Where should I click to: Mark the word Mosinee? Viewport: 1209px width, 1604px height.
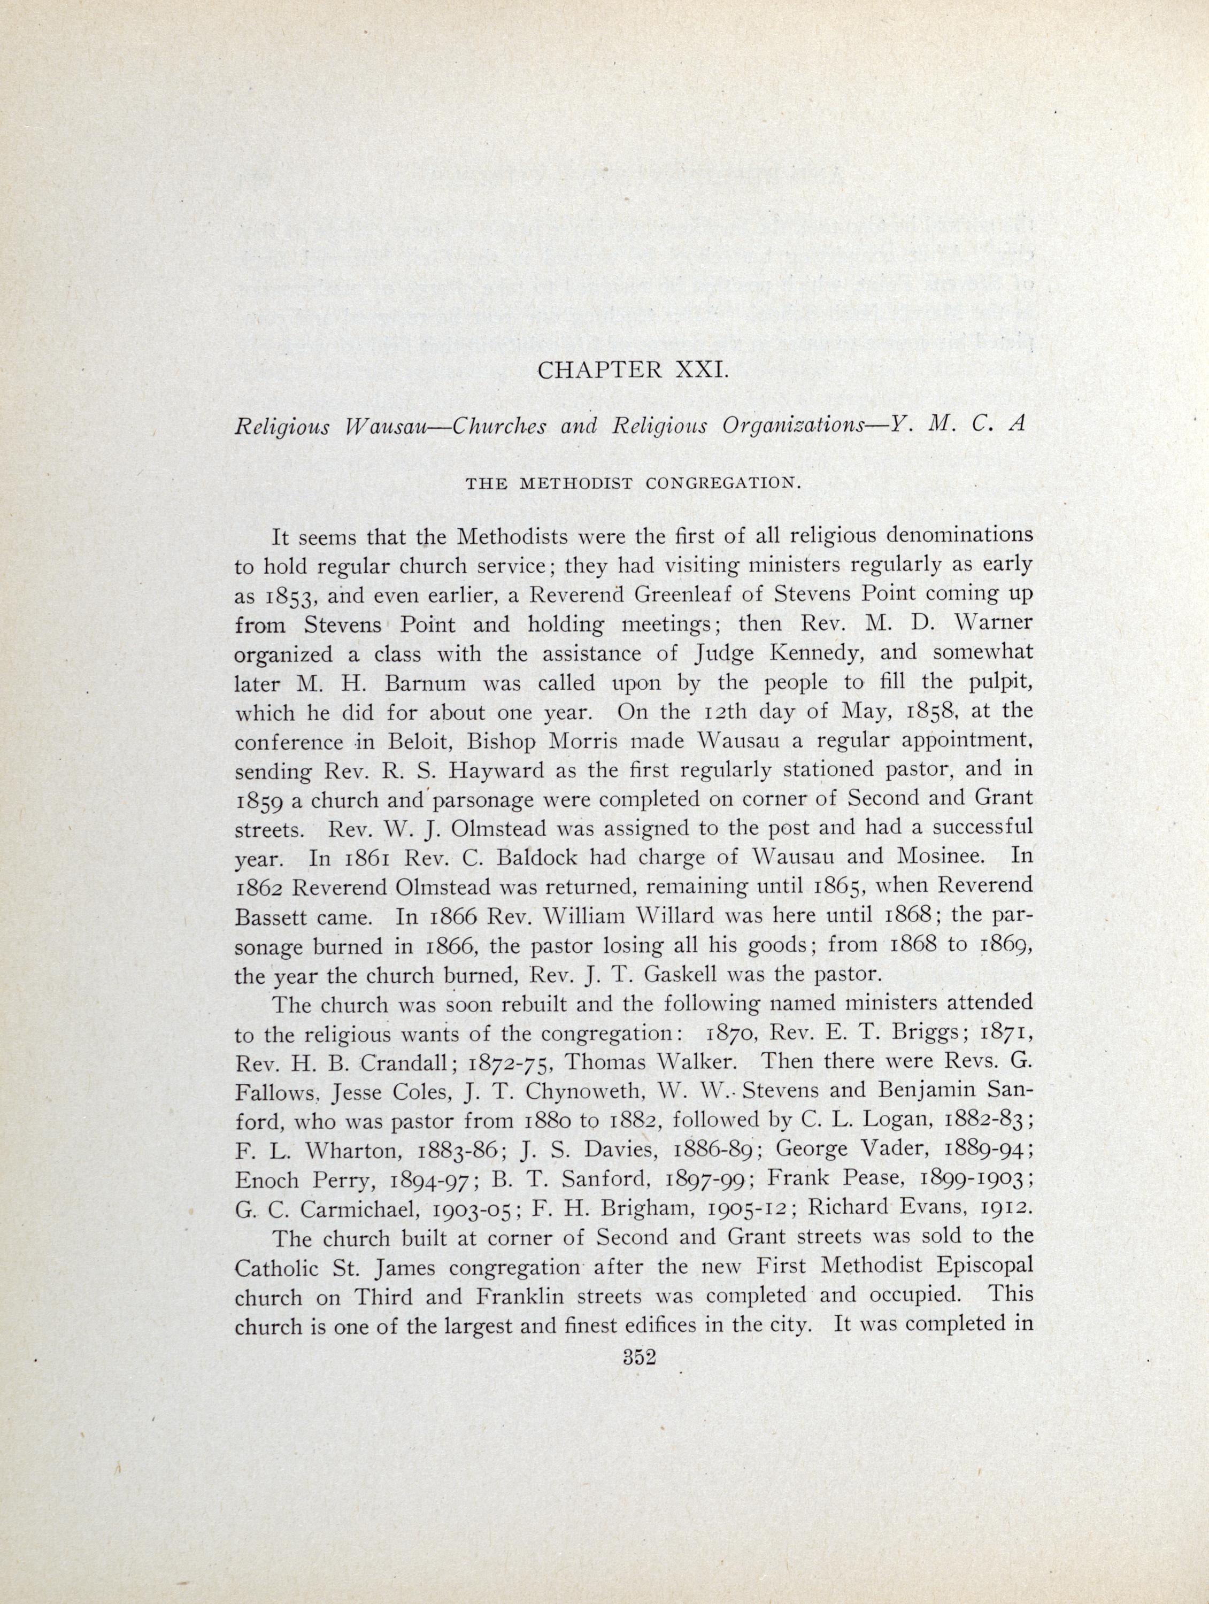point(930,857)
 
